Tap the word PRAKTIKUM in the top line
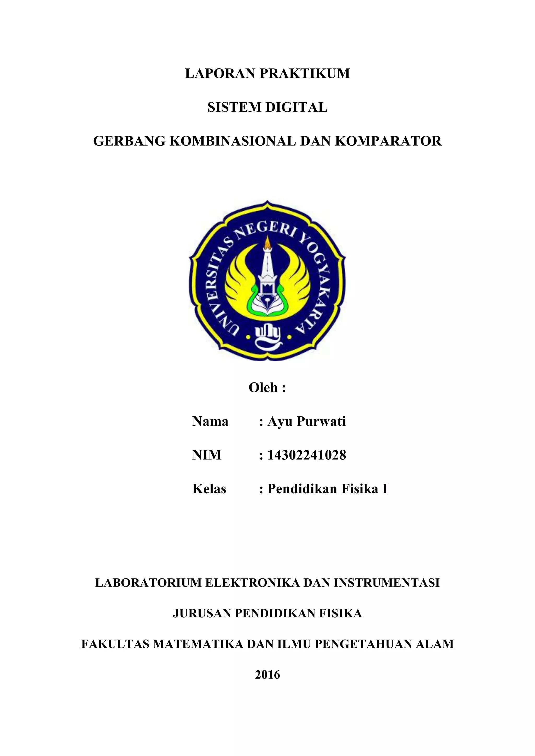(x=305, y=73)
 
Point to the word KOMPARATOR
(x=388, y=141)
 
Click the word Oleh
(x=263, y=388)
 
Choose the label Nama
(x=210, y=421)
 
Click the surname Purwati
(x=321, y=421)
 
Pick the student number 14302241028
(x=307, y=455)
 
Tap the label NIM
(x=207, y=455)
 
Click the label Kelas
(x=209, y=489)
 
